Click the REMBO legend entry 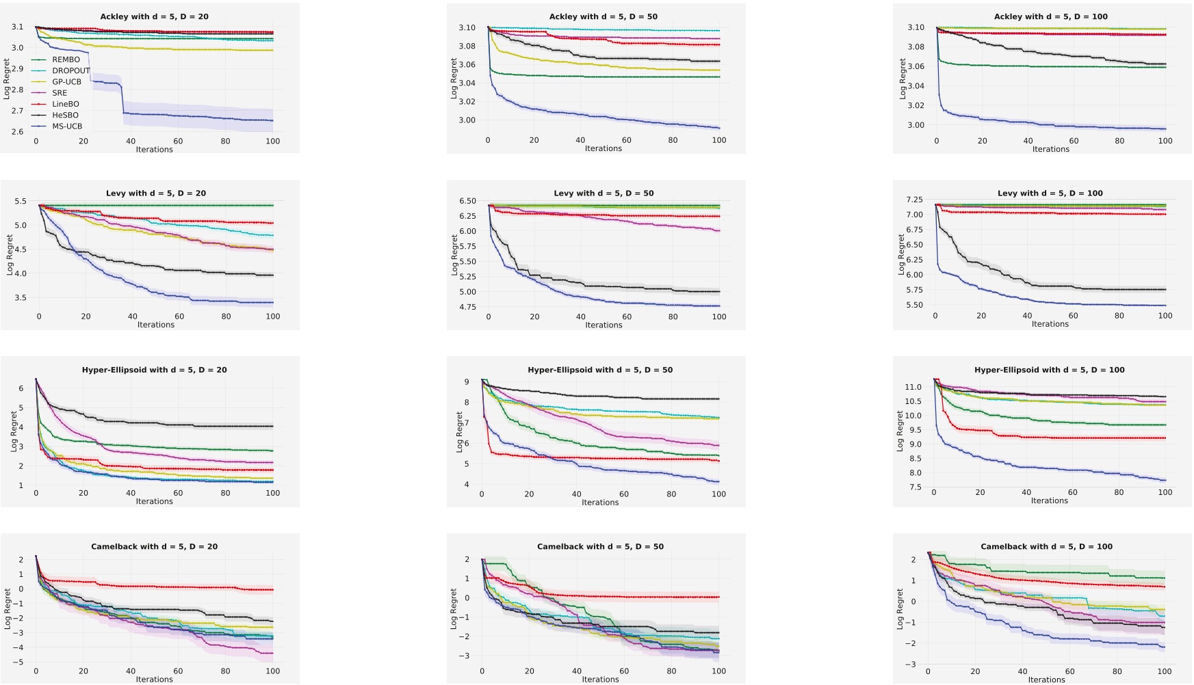pyautogui.click(x=66, y=59)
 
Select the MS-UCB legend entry pyautogui.click(x=67, y=126)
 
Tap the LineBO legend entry pyautogui.click(x=66, y=104)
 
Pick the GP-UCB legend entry pyautogui.click(x=66, y=82)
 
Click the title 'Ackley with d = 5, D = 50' pyautogui.click(x=603, y=16)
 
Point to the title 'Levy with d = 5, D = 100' pyautogui.click(x=1050, y=193)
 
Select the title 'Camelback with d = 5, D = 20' pyautogui.click(x=154, y=547)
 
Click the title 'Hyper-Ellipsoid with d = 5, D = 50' pyautogui.click(x=600, y=370)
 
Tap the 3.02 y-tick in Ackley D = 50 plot pyautogui.click(x=467, y=102)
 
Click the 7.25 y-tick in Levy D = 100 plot pyautogui.click(x=914, y=200)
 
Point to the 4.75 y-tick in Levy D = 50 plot pyautogui.click(x=467, y=308)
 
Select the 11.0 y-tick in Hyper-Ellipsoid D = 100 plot pyautogui.click(x=913, y=387)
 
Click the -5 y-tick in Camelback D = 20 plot pyautogui.click(x=21, y=662)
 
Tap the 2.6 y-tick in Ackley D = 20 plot pyautogui.click(x=17, y=132)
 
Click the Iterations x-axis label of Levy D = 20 pyautogui.click(x=155, y=325)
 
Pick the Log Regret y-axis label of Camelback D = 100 pyautogui.click(x=899, y=608)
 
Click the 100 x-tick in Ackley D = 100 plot pyautogui.click(x=1165, y=141)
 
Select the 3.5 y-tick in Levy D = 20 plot pyautogui.click(x=20, y=298)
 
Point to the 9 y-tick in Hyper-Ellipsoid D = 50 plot pyautogui.click(x=467, y=382)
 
